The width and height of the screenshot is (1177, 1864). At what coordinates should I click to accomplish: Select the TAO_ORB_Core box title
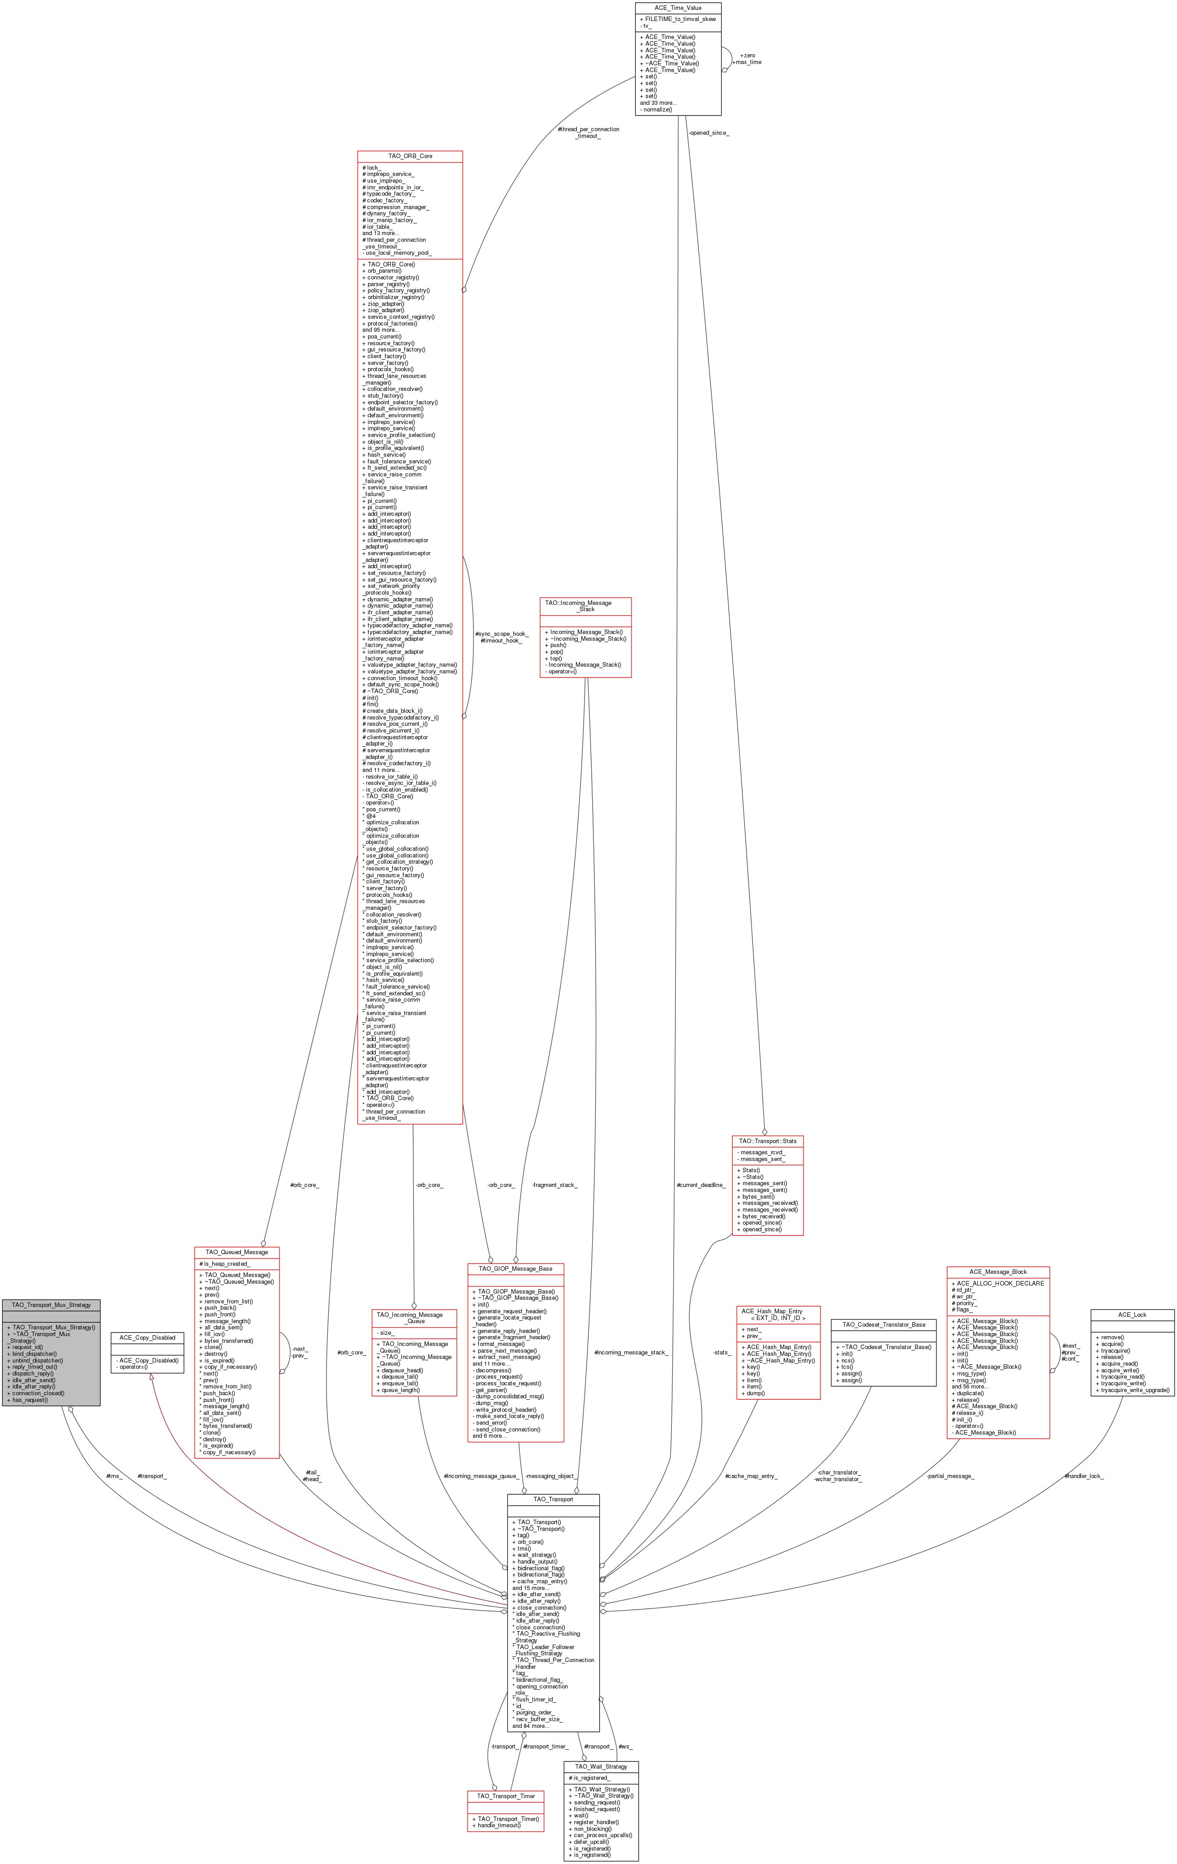pyautogui.click(x=410, y=156)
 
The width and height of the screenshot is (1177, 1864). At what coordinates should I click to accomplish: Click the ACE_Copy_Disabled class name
pyautogui.click(x=147, y=1337)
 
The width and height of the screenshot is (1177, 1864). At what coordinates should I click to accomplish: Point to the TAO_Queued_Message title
pyautogui.click(x=237, y=1252)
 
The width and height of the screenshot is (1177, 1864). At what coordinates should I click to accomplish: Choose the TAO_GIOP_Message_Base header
pyautogui.click(x=515, y=1269)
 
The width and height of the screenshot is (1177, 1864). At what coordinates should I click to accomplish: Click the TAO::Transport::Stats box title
pyautogui.click(x=767, y=1141)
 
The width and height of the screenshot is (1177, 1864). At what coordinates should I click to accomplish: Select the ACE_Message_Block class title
pyautogui.click(x=998, y=1272)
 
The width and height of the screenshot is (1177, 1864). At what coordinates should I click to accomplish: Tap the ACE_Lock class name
pyautogui.click(x=1132, y=1315)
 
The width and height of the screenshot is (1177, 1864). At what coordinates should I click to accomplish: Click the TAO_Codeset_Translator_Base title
pyautogui.click(x=884, y=1324)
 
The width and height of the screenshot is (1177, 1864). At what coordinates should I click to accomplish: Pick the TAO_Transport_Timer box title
pyautogui.click(x=506, y=1796)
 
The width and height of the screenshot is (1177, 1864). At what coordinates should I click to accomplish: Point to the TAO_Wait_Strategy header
pyautogui.click(x=601, y=1766)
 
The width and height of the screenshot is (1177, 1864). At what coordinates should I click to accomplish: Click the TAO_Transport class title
pyautogui.click(x=553, y=1500)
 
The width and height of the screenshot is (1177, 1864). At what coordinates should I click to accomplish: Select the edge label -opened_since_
pyautogui.click(x=709, y=133)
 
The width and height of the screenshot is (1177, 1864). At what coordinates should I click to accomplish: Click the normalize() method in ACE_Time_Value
pyautogui.click(x=656, y=109)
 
